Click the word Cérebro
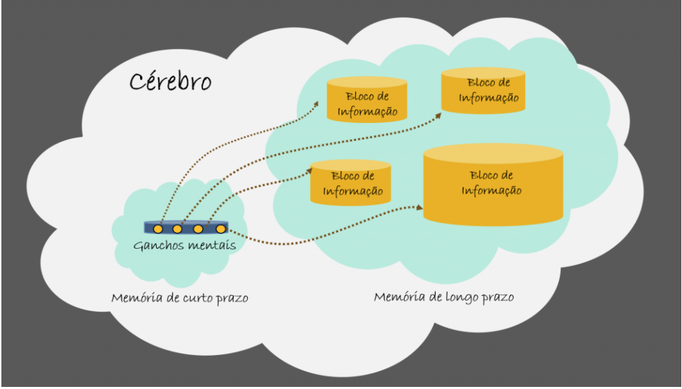tap(170, 81)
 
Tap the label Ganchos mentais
tap(183, 245)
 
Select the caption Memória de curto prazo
tap(180, 298)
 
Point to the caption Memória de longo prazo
tap(444, 297)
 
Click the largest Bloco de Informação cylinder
tap(493, 184)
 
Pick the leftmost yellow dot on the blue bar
tap(158, 229)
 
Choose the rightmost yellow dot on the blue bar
tap(221, 229)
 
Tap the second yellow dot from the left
tap(178, 229)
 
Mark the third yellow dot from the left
tap(198, 229)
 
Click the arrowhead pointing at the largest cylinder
tap(419, 207)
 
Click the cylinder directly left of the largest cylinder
tap(350, 183)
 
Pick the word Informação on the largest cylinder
tap(492, 191)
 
